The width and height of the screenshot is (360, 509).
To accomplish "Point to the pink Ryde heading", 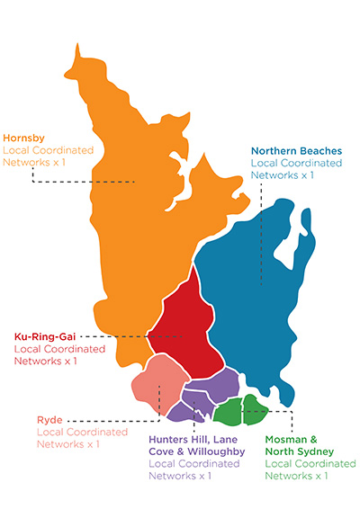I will pos(51,418).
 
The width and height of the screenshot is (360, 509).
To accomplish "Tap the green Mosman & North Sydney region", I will pos(243,410).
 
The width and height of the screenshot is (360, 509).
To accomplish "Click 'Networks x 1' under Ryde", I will pos(67,443).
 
